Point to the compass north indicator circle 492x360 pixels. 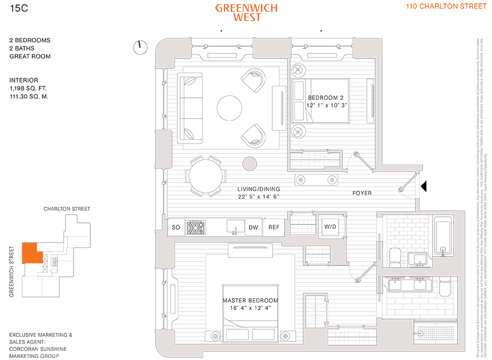pos(140,47)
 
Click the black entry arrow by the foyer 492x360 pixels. pos(424,187)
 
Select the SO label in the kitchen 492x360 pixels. pos(176,227)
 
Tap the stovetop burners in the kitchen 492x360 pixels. pos(195,227)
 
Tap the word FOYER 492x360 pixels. pos(362,193)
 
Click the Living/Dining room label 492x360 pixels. pos(258,190)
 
